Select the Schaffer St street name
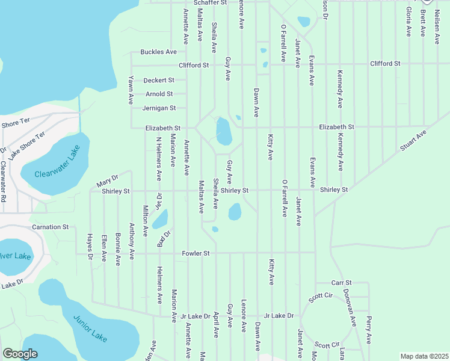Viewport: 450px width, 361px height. pyautogui.click(x=206, y=3)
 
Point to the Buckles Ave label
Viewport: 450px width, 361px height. pyautogui.click(x=158, y=52)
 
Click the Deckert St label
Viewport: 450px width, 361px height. pyautogui.click(x=159, y=80)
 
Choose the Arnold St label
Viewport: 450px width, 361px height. pyautogui.click(x=159, y=94)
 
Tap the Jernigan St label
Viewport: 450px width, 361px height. pyautogui.click(x=159, y=108)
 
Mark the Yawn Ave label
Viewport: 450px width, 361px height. pyautogui.click(x=131, y=90)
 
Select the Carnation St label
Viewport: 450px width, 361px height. pyautogui.click(x=51, y=227)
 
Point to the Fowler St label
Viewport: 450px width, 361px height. pyautogui.click(x=196, y=254)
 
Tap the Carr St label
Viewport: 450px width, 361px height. pyautogui.click(x=341, y=283)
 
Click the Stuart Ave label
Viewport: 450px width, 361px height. pyautogui.click(x=413, y=140)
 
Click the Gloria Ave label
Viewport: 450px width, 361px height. pyautogui.click(x=408, y=22)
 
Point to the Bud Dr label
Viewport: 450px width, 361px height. pyautogui.click(x=164, y=238)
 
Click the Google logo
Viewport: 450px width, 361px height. pyautogui.click(x=20, y=354)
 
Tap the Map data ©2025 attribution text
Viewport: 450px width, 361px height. pyautogui.click(x=424, y=356)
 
